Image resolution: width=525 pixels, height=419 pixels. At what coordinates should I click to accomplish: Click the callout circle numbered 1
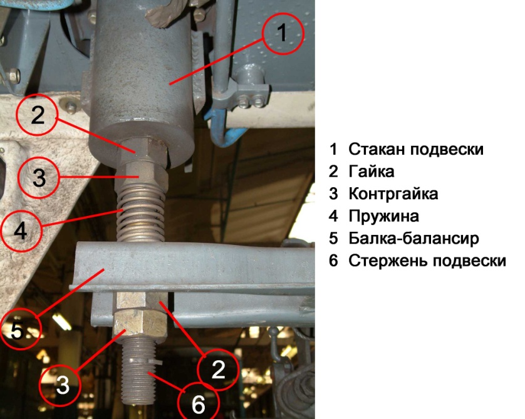pos(283,13)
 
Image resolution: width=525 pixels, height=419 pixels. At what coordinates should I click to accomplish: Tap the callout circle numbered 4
pos(21,211)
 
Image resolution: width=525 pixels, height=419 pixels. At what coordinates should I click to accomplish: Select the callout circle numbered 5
pos(21,309)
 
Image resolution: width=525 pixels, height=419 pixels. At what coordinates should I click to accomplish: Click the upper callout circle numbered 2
pos(37,95)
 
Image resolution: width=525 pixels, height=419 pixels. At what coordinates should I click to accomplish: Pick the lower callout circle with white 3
pos(60,365)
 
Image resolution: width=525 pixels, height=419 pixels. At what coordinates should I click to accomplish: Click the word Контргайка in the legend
pos(393,194)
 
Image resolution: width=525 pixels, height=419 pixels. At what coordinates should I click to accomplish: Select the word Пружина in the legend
pos(383,217)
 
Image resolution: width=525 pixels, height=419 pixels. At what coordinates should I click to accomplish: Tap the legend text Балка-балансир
pos(414,238)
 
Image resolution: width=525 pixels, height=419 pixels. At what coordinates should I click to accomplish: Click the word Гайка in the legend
pos(372,172)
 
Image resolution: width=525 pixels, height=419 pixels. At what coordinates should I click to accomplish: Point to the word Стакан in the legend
pos(377,149)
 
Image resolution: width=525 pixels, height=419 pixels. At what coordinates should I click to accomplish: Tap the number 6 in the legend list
pos(333,261)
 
